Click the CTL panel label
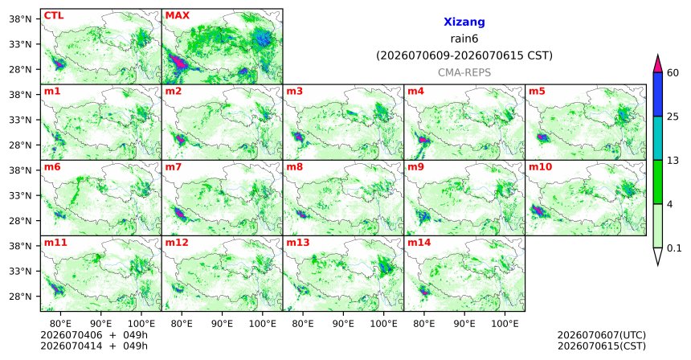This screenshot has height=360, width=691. click(53, 16)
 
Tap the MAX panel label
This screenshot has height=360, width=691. click(177, 16)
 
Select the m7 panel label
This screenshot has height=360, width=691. click(173, 167)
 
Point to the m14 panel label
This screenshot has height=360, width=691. click(419, 243)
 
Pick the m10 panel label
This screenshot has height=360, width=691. click(540, 167)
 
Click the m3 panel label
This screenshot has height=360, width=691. click(294, 92)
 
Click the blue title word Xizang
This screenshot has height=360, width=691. click(464, 22)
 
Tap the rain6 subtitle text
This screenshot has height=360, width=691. click(464, 39)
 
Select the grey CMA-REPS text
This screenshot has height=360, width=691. click(464, 72)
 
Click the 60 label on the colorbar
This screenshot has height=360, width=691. click(673, 72)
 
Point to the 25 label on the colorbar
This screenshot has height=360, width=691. click(673, 117)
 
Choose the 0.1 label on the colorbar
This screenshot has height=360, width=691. click(674, 248)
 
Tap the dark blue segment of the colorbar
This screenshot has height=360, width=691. click(658, 94)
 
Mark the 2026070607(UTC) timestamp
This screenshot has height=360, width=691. click(602, 335)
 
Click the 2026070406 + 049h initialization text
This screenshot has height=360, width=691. click(94, 335)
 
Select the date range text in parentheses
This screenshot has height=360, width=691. click(464, 56)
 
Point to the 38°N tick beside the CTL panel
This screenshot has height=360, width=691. click(20, 19)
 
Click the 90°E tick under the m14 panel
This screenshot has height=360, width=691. click(464, 324)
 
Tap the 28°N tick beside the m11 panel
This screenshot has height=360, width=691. click(20, 297)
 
